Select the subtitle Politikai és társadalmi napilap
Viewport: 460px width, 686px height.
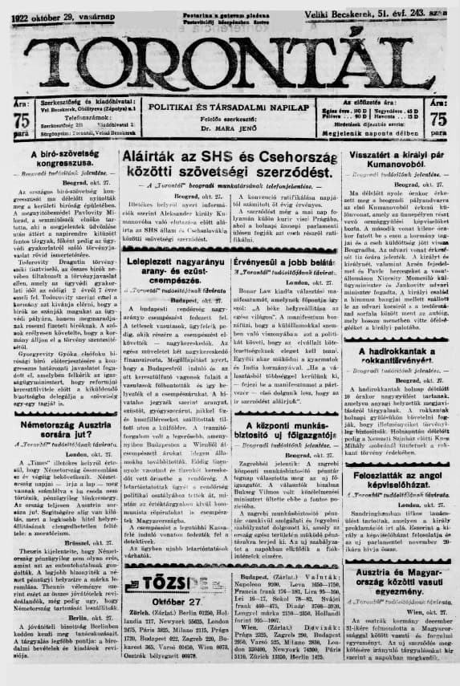(229, 106)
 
